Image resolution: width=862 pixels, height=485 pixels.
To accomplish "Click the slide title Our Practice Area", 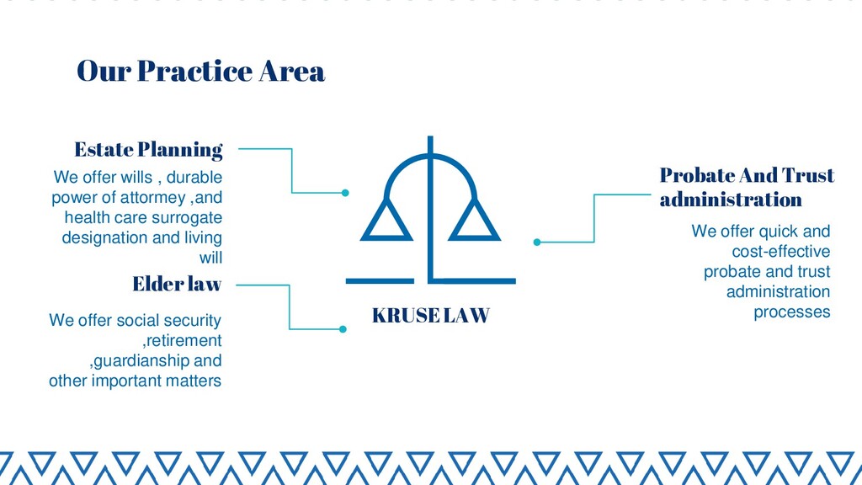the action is pyautogui.click(x=200, y=72).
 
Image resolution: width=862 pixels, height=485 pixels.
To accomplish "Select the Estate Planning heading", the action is pyautogui.click(x=148, y=150).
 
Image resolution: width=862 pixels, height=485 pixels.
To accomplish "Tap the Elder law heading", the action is pyautogui.click(x=177, y=285).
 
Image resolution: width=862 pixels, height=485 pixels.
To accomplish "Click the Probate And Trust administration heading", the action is pyautogui.click(x=746, y=187).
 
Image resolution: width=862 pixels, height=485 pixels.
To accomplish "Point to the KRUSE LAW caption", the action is pyautogui.click(x=430, y=316).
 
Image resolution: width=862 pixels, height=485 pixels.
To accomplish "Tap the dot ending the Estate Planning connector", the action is pyautogui.click(x=345, y=193).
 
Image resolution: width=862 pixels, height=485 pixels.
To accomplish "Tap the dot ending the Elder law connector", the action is pyautogui.click(x=343, y=328).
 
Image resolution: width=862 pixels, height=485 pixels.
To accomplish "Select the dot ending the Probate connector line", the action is pyautogui.click(x=537, y=242).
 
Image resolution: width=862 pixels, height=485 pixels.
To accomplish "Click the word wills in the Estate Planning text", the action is pyautogui.click(x=136, y=178).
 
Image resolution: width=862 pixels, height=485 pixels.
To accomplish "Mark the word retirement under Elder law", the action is pyautogui.click(x=184, y=341).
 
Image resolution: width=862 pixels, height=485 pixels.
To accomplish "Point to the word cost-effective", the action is pyautogui.click(x=781, y=252).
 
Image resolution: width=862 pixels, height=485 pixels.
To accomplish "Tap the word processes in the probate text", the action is pyautogui.click(x=791, y=312).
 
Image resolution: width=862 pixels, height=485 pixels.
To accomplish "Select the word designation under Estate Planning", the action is pyautogui.click(x=105, y=237).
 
